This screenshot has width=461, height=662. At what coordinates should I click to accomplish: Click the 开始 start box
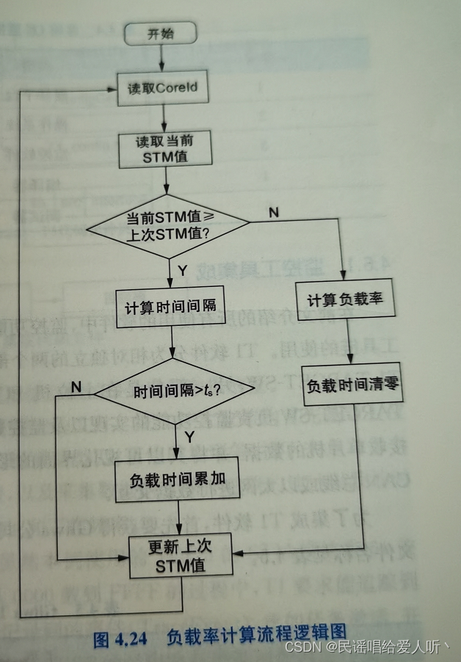161,33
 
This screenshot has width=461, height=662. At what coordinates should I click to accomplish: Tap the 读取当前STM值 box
164,150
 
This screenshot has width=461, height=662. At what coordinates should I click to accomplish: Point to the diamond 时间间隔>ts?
175,392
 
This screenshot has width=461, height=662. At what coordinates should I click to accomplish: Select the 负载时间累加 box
177,479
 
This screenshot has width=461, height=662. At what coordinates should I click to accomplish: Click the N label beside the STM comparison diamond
274,212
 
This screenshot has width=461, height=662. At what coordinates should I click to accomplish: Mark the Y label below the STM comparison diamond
183,271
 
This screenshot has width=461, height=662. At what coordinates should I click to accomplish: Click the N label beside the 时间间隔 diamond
76,385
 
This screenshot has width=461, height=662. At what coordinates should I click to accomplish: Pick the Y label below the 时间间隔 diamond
189,437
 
